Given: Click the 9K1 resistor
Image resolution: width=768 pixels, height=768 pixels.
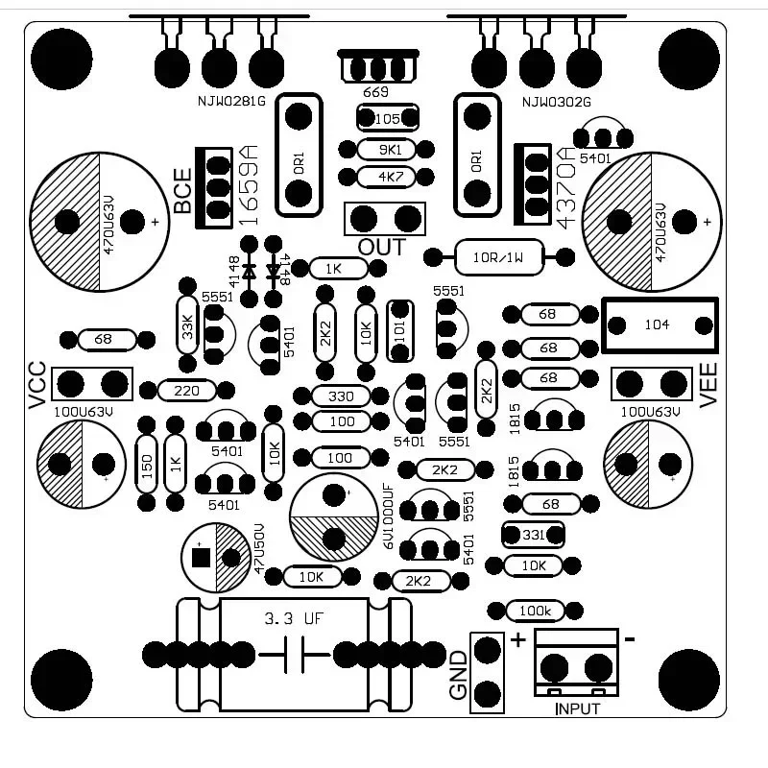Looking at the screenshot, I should click(x=390, y=150).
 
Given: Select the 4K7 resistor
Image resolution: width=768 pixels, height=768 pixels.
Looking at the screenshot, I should click(x=390, y=178).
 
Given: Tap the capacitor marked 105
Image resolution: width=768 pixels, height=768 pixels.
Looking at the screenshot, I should click(x=388, y=118).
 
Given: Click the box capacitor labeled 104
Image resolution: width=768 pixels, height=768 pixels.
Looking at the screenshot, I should click(x=659, y=324).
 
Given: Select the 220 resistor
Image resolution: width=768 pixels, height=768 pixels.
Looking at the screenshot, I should click(x=187, y=391).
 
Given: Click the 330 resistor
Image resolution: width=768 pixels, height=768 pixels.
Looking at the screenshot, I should click(x=342, y=396).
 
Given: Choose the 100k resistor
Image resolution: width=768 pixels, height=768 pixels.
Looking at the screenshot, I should click(x=534, y=611).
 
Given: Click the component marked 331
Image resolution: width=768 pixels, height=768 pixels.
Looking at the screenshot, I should click(x=533, y=534).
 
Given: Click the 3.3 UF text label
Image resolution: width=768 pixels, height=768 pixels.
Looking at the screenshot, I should click(x=293, y=619).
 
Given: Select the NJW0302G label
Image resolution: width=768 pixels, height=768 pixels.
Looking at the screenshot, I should click(x=556, y=102).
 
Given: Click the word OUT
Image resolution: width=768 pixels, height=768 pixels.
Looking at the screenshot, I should click(x=381, y=248).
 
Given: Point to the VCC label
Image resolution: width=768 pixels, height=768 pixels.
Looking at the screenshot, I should click(x=36, y=385).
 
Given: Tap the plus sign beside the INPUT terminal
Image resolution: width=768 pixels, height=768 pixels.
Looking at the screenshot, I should click(x=518, y=640).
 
